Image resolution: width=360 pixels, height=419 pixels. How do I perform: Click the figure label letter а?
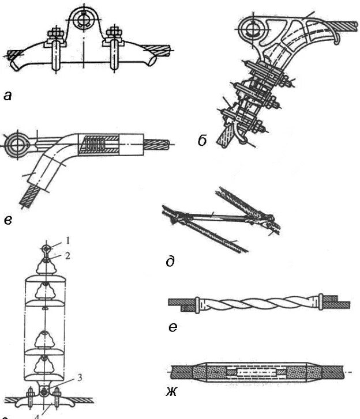[x=7, y=96]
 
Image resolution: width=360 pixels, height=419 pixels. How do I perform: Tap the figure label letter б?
[x=202, y=140]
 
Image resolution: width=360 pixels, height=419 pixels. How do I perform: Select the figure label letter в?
[x=7, y=220]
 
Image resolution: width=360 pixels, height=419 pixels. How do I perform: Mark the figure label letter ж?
[x=171, y=394]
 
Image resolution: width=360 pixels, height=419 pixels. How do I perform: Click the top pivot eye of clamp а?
[x=85, y=20]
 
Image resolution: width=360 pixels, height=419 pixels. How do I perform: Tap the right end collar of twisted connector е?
[x=318, y=300]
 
